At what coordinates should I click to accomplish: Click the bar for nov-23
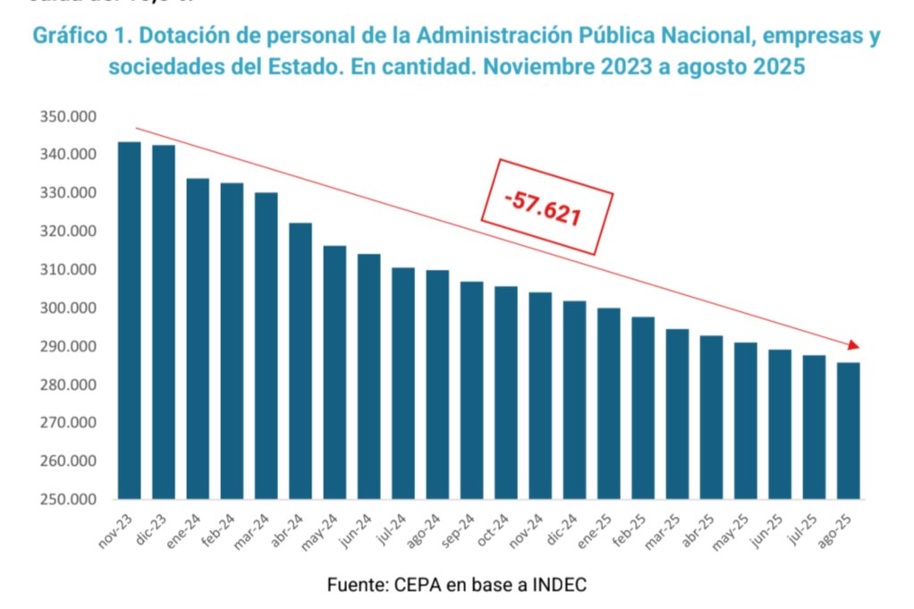point(129,320)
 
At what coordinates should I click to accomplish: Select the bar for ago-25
point(848,430)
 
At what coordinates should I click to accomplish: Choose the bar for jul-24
point(403,383)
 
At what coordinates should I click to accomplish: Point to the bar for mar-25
point(677,413)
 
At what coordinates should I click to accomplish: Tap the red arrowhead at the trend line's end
point(853,345)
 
